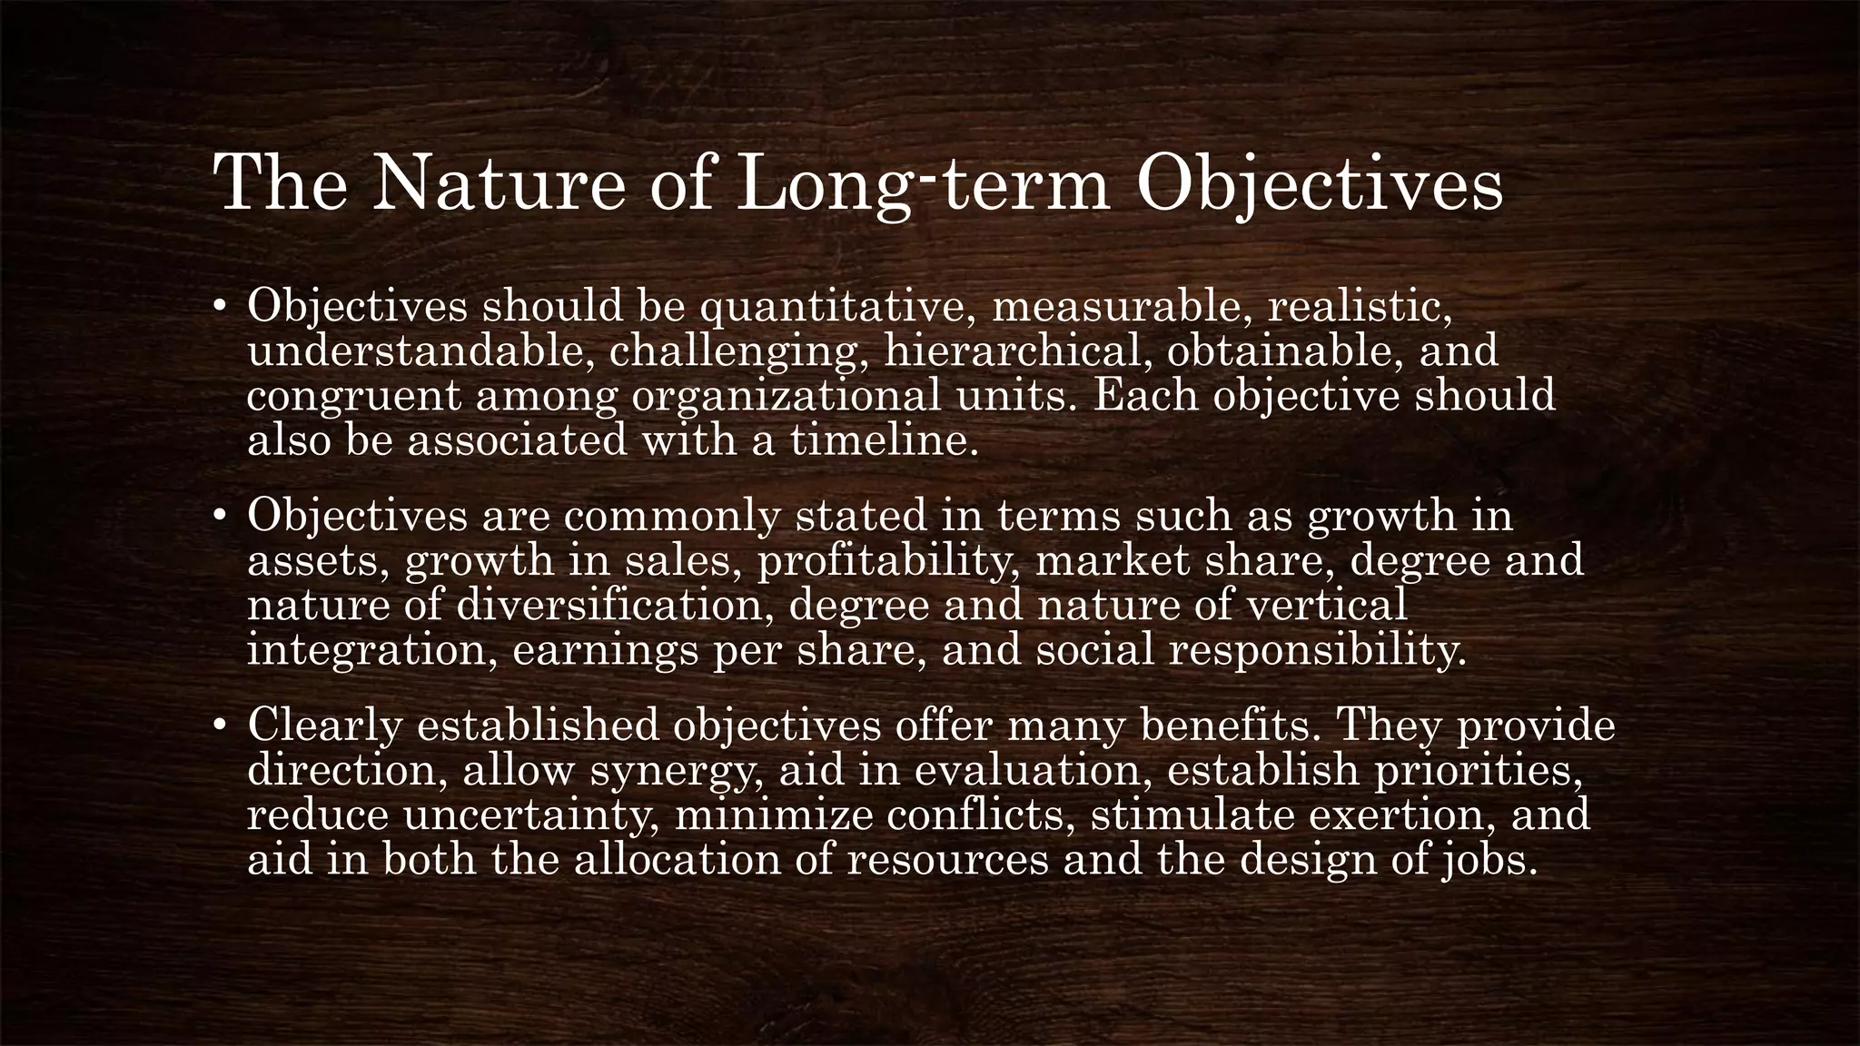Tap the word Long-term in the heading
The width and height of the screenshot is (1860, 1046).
click(x=924, y=184)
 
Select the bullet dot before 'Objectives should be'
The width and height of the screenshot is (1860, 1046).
click(x=219, y=308)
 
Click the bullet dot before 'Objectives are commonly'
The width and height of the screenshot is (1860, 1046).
click(x=219, y=518)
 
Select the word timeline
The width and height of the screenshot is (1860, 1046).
click(x=884, y=441)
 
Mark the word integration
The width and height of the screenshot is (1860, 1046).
click(x=371, y=651)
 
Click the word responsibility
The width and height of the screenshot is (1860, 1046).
click(x=1316, y=651)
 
